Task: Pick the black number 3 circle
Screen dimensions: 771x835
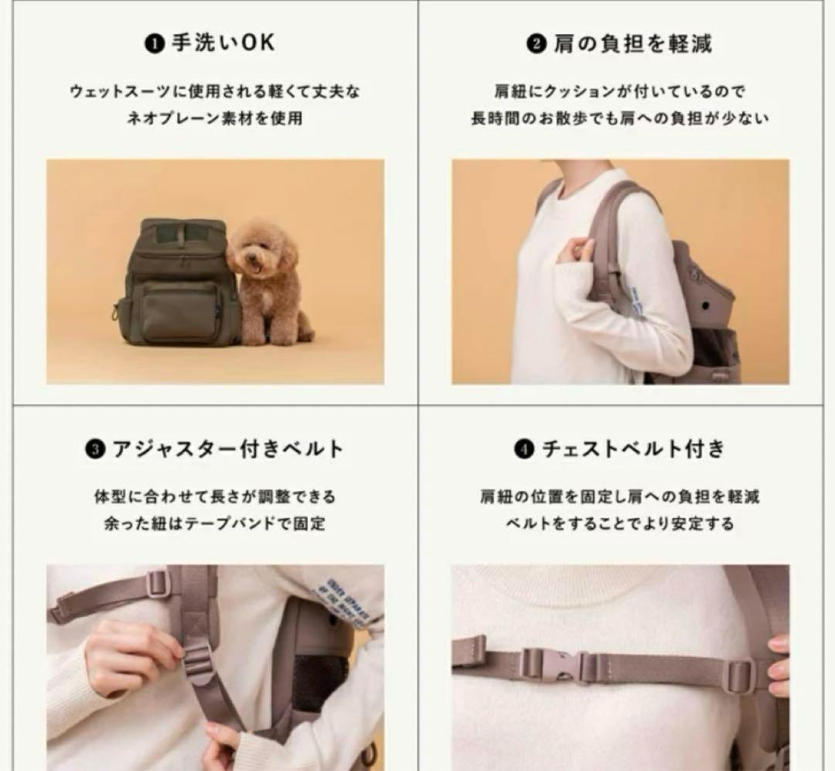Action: (x=95, y=449)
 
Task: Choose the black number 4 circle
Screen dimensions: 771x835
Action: (x=524, y=449)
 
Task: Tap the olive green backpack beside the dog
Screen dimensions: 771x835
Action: (x=176, y=282)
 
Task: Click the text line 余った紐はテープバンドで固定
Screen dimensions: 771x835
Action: (x=214, y=524)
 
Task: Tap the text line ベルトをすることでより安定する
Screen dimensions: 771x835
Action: (x=619, y=524)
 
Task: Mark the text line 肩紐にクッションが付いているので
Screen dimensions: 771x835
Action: (x=619, y=91)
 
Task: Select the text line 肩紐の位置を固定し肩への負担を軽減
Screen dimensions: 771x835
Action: (x=619, y=496)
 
